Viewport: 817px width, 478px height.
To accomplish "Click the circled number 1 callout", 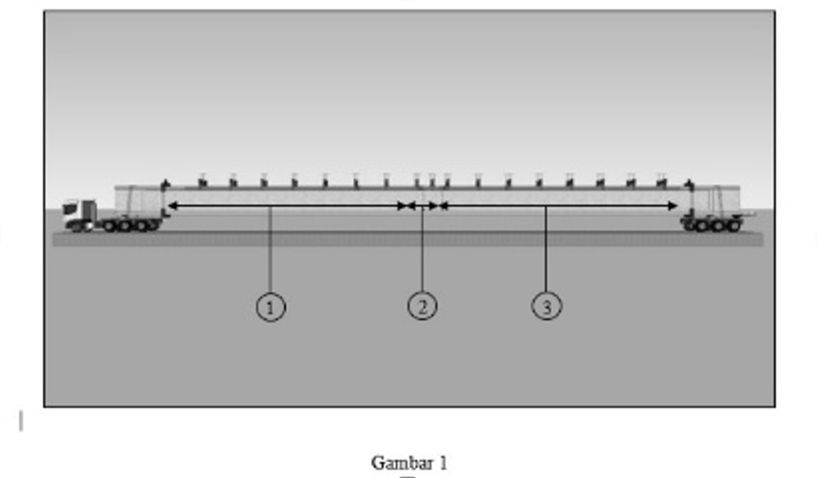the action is [x=271, y=307].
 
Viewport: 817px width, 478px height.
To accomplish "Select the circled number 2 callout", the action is [x=422, y=306].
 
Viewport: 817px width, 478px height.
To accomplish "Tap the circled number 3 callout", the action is [x=547, y=306].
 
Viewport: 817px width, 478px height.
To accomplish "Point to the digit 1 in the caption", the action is [x=443, y=463].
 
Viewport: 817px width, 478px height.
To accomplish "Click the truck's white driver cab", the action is [x=72, y=210].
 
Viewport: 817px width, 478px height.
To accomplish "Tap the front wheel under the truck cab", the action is [x=76, y=226].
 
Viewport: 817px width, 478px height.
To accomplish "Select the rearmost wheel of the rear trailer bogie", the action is [x=734, y=225].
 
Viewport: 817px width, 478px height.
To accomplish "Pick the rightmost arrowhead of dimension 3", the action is [x=672, y=206].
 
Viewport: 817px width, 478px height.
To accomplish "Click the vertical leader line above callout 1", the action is [x=270, y=250].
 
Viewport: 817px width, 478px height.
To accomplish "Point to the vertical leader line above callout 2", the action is [x=422, y=249].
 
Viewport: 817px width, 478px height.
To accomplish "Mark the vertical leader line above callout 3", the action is [x=546, y=249].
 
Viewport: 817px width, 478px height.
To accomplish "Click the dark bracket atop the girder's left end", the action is [x=166, y=184].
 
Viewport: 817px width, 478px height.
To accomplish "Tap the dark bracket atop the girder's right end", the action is [x=689, y=184].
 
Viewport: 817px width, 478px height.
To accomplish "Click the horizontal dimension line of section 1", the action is [x=287, y=206].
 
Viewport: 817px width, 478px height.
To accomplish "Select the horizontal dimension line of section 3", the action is [x=559, y=206].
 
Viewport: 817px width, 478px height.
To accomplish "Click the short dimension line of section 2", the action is [x=423, y=206].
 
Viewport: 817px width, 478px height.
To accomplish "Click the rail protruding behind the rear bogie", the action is [x=748, y=214].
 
